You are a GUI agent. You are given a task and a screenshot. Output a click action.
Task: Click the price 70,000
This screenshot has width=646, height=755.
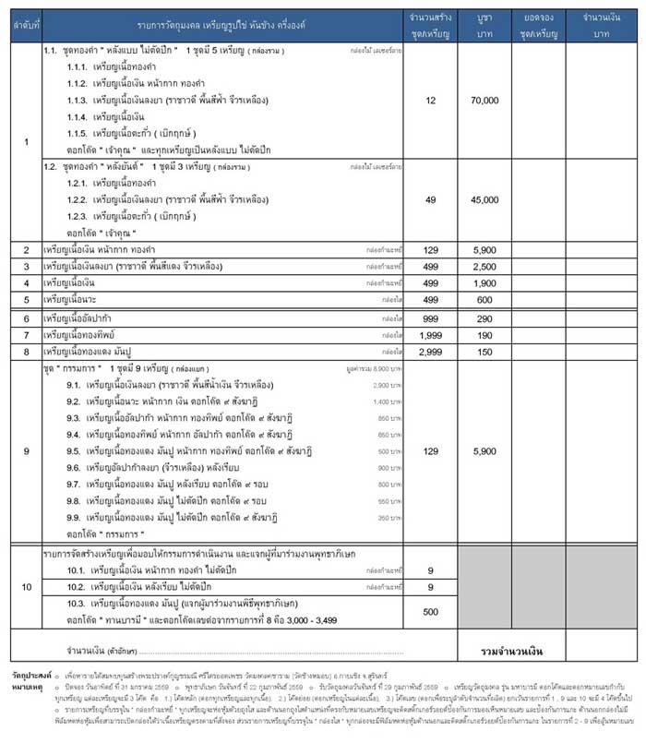484,100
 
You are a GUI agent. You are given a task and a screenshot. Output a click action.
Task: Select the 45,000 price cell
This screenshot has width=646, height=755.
484,199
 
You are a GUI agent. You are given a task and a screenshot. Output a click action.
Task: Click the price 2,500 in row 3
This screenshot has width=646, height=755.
484,266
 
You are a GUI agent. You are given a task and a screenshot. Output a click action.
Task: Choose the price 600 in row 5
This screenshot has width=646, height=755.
484,299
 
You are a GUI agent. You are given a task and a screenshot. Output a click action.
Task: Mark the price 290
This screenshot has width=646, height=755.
484,318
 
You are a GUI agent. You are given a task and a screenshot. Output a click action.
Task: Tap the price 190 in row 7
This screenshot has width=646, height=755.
484,334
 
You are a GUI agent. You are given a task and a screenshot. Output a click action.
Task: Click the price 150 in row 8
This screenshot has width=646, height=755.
484,351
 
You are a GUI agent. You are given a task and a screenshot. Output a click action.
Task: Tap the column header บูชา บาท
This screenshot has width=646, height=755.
484,25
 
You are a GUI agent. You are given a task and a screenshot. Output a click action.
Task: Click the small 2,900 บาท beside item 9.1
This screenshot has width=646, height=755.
387,384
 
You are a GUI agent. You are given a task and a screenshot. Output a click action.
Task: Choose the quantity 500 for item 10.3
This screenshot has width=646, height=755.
431,611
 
